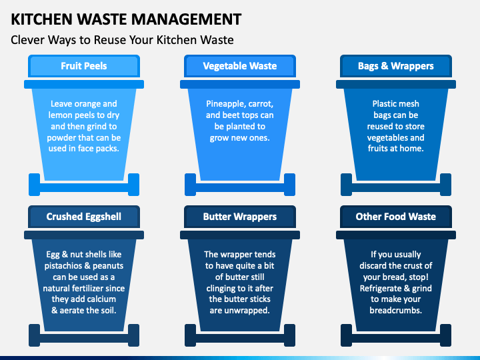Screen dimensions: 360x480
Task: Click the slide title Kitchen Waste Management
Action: (126, 18)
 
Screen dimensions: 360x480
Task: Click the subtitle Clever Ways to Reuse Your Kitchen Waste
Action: (122, 40)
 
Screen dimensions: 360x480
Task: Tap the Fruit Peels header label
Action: (84, 66)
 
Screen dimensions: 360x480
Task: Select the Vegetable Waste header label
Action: (240, 66)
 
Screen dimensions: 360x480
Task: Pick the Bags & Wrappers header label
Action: (396, 66)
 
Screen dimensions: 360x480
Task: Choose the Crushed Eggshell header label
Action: (84, 217)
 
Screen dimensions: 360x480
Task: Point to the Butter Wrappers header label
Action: (240, 217)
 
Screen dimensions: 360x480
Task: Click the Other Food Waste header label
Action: (396, 217)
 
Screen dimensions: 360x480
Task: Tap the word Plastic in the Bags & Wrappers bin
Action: (387, 104)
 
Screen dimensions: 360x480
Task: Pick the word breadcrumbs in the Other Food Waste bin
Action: (396, 311)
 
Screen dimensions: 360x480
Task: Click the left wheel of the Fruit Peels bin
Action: (35, 185)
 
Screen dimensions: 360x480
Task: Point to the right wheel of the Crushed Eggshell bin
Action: (133, 335)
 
